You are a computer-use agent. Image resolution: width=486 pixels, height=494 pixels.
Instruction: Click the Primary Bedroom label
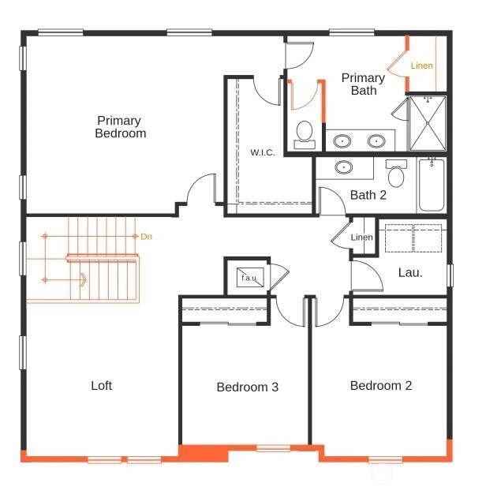tap(121, 126)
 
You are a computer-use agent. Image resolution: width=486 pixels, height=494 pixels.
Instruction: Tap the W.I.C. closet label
tap(263, 152)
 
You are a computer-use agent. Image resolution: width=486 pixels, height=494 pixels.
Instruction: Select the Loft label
tap(102, 386)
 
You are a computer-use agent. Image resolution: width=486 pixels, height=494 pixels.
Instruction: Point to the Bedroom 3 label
tap(248, 387)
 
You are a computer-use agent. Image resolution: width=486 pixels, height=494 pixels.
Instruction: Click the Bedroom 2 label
tap(381, 386)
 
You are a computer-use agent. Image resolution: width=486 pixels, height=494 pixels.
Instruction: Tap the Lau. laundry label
tap(410, 272)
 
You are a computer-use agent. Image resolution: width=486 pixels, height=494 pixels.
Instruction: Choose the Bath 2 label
tap(368, 195)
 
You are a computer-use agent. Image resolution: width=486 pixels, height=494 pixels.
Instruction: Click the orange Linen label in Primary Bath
tap(422, 65)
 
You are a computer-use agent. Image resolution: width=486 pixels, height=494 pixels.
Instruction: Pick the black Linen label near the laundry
tap(361, 237)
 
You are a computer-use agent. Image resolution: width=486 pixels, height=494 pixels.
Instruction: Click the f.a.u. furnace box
tap(250, 278)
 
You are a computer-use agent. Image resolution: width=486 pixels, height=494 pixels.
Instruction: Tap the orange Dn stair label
tap(146, 237)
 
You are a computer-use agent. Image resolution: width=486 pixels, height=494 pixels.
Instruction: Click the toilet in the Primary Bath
tap(305, 135)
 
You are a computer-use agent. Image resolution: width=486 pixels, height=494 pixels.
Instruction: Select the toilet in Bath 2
tap(396, 173)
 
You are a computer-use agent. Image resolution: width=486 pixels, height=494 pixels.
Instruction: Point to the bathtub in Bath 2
tap(432, 185)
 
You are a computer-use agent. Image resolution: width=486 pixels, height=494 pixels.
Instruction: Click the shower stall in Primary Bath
tap(428, 123)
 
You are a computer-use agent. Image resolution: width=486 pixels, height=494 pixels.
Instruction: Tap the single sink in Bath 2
tap(344, 167)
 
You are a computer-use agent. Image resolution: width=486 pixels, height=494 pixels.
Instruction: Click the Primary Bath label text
tap(363, 84)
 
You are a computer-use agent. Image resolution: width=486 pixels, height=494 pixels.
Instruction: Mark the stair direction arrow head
tap(84, 280)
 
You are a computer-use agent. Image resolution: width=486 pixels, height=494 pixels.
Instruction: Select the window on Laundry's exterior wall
tap(450, 275)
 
